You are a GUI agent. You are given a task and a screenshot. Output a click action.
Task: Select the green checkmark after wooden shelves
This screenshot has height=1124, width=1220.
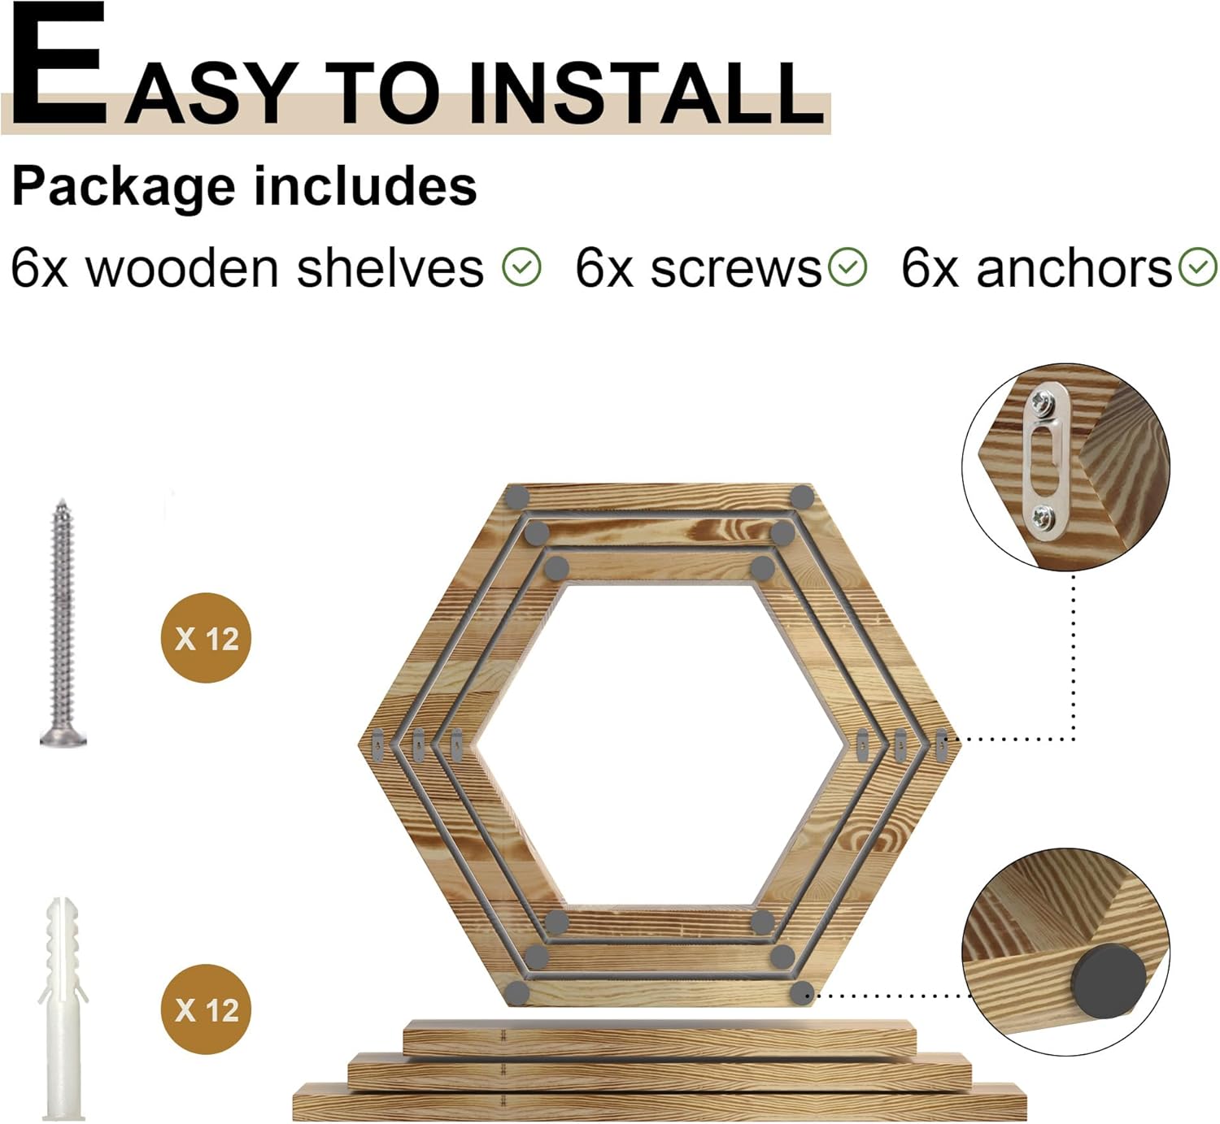[x=521, y=267]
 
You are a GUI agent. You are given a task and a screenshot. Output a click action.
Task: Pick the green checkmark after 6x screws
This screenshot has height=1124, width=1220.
[x=847, y=267]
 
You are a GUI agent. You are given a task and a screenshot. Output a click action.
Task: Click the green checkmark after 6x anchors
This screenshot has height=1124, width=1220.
[x=1198, y=267]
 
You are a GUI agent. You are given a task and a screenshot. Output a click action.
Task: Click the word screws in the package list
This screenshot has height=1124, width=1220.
[x=736, y=270]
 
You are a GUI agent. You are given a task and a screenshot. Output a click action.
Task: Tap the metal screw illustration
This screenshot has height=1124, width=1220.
[x=63, y=623]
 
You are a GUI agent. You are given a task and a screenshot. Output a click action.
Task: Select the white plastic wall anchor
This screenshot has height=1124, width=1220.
[x=63, y=1007]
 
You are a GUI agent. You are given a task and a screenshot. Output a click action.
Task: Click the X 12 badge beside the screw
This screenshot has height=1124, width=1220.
[x=206, y=638]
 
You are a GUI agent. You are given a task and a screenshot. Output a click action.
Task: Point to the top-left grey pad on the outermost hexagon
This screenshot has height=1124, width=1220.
[x=518, y=497]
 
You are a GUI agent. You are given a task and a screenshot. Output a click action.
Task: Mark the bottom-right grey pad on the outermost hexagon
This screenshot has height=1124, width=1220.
[x=802, y=992]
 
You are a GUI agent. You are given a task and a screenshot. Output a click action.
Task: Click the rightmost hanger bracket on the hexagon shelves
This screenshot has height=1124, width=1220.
[x=942, y=744]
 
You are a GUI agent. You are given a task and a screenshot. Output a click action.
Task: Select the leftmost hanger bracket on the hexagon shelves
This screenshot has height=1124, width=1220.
[x=378, y=744]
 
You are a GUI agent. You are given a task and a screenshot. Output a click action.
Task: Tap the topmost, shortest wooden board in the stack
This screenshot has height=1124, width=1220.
[x=659, y=1038]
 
